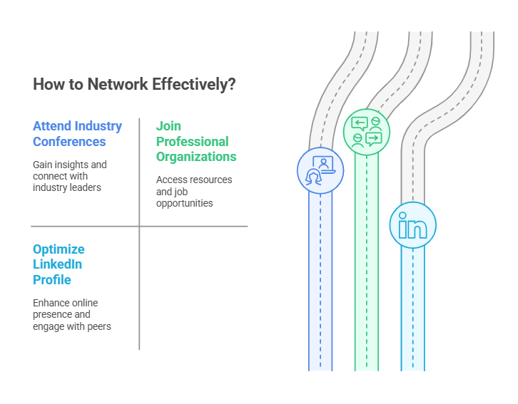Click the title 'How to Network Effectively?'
pyautogui.click(x=134, y=85)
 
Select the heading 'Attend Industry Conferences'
pyautogui.click(x=77, y=134)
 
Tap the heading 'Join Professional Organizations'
pyautogui.click(x=196, y=141)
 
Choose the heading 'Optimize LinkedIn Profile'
pyautogui.click(x=59, y=264)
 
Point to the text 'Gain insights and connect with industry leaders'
pyautogui.click(x=70, y=176)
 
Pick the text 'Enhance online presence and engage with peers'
pyautogui.click(x=71, y=314)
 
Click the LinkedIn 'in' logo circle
pyautogui.click(x=413, y=225)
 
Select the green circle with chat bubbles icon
pyautogui.click(x=367, y=132)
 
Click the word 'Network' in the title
pyautogui.click(x=118, y=85)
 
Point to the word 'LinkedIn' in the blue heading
pyautogui.click(x=58, y=264)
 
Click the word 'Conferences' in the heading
pyautogui.click(x=69, y=141)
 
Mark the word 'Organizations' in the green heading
pyautogui.click(x=196, y=156)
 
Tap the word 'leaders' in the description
pyautogui.click(x=86, y=187)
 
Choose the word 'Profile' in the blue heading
pyautogui.click(x=52, y=279)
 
